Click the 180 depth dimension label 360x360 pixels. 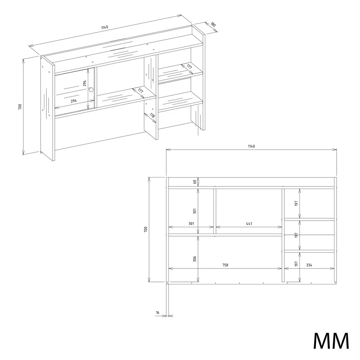(213, 24)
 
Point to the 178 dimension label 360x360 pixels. (152, 115)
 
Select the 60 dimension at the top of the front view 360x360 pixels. (195, 182)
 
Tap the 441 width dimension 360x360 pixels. (249, 224)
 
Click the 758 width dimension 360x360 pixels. (225, 265)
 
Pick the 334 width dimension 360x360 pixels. (309, 265)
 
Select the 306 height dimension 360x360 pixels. (195, 259)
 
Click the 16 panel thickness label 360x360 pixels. (158, 312)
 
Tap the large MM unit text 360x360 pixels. (331, 341)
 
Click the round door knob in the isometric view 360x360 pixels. (91, 90)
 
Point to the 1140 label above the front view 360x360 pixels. (251, 146)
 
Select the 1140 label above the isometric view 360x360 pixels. (104, 27)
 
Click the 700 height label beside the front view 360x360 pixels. (145, 229)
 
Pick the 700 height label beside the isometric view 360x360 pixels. (20, 107)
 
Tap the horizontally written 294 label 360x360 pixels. (74, 100)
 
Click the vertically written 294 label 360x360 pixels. (85, 83)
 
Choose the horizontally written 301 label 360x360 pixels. (191, 224)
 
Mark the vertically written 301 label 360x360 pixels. (195, 211)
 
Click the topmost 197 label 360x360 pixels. (296, 203)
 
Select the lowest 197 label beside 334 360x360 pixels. (296, 264)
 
